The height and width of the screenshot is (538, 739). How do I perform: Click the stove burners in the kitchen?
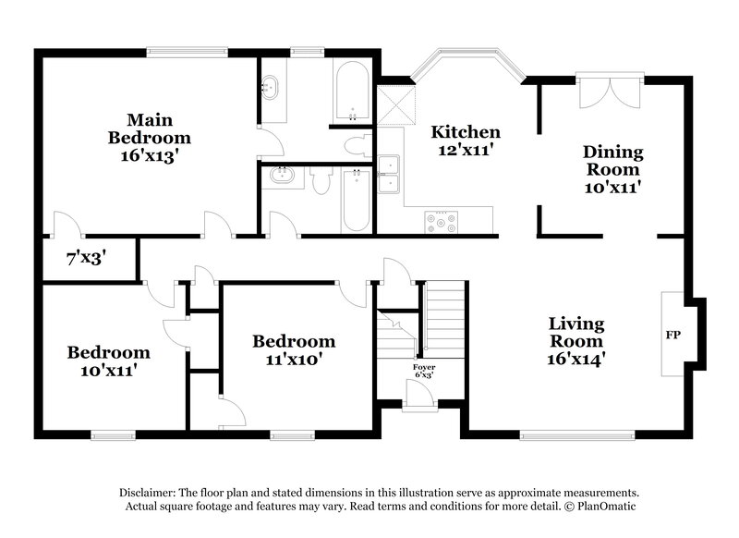pyautogui.click(x=440, y=221)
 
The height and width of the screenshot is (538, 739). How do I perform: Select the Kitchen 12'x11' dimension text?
pyautogui.click(x=466, y=150)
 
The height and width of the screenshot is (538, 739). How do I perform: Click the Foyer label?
pyautogui.click(x=423, y=368)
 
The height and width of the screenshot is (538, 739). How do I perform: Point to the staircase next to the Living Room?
pyautogui.click(x=442, y=320)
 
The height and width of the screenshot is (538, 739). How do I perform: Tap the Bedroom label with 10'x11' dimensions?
pyautogui.click(x=108, y=352)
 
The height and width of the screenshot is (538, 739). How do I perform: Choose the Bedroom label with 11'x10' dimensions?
pyautogui.click(x=294, y=341)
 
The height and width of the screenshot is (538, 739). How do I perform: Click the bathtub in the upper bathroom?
pyautogui.click(x=351, y=92)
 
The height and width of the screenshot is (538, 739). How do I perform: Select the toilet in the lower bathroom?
pyautogui.click(x=320, y=181)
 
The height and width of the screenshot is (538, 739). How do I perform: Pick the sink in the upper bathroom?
pyautogui.click(x=271, y=90)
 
